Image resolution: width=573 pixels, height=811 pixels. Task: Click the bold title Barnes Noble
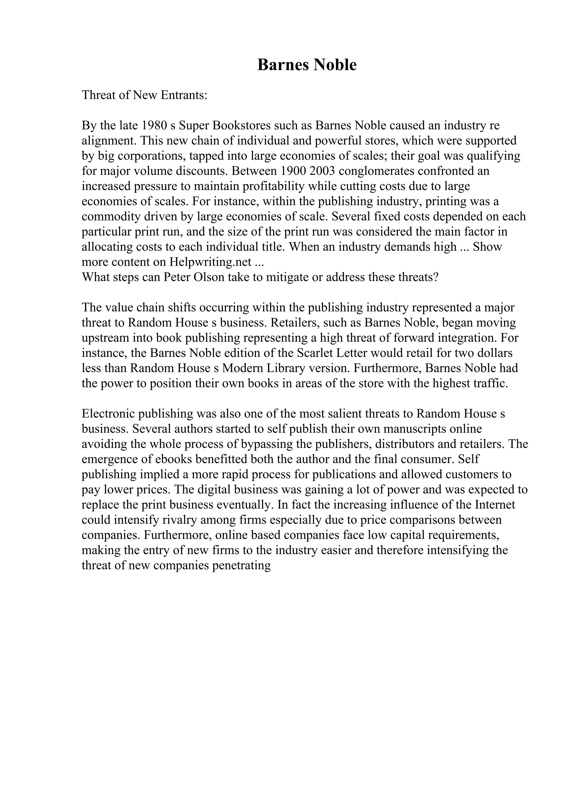307,65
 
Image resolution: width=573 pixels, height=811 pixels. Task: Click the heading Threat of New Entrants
144,95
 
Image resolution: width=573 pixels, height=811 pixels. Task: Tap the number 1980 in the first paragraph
154,125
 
